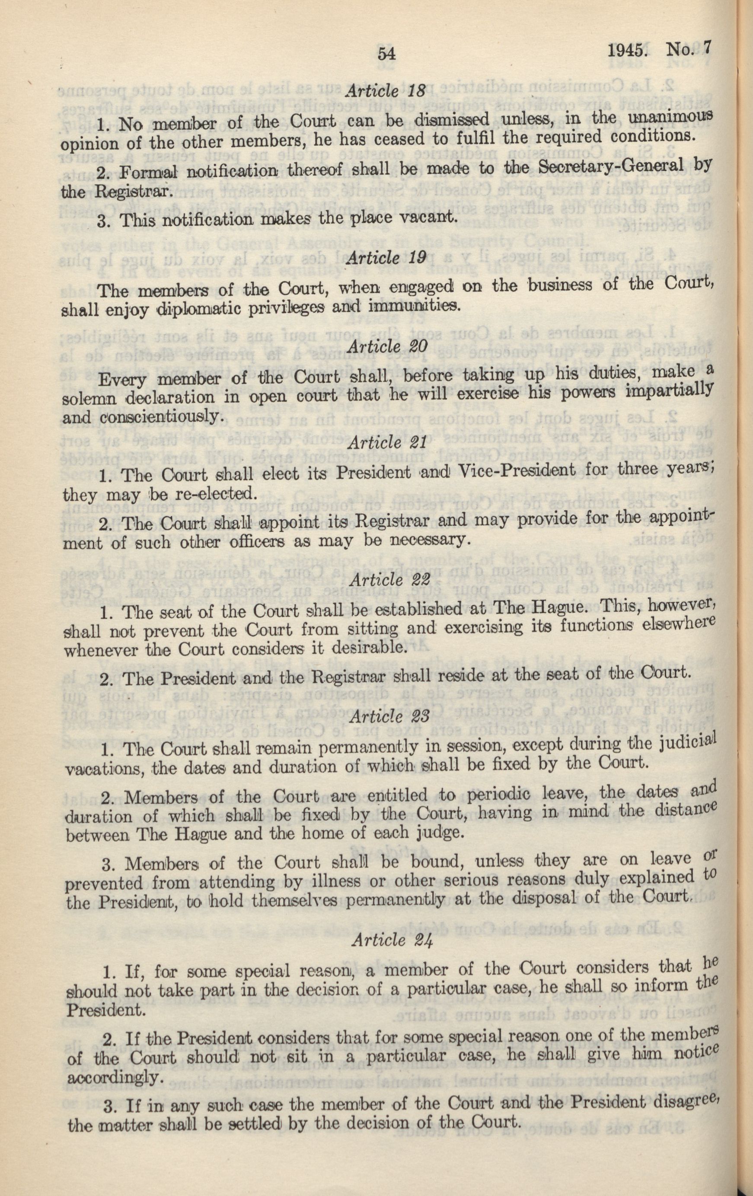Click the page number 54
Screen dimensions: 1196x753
(x=389, y=53)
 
